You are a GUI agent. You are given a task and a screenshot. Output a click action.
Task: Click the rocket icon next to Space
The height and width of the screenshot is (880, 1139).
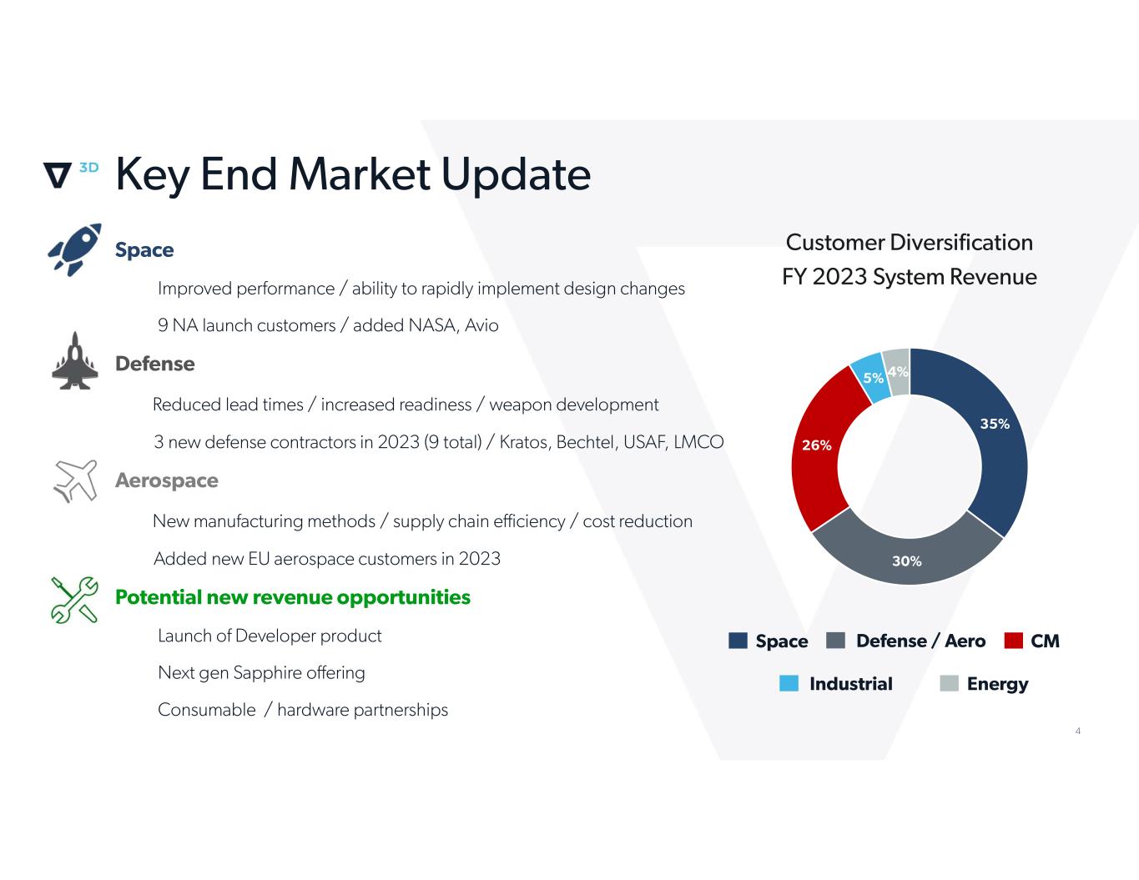74,249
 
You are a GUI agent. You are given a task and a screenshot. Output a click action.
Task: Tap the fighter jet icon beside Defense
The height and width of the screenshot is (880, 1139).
75,361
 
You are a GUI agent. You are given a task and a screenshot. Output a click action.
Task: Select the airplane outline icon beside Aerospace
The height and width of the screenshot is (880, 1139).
75,480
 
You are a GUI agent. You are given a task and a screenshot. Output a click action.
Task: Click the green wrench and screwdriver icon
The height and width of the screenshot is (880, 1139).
74,600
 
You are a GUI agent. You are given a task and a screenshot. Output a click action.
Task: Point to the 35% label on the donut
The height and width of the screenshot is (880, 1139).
995,424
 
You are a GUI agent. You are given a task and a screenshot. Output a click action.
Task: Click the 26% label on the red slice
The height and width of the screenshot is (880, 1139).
817,445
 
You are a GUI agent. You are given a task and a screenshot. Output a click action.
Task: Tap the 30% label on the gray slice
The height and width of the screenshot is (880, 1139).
907,561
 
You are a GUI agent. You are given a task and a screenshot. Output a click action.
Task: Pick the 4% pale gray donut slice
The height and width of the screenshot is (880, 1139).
897,371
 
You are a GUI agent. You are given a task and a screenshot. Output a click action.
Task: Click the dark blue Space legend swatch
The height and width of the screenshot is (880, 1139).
738,640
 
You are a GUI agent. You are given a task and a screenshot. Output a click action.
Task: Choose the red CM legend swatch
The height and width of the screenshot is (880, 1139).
1013,640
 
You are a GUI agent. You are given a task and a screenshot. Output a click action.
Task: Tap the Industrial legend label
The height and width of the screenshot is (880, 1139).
851,684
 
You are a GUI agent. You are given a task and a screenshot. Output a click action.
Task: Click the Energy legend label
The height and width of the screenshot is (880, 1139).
997,684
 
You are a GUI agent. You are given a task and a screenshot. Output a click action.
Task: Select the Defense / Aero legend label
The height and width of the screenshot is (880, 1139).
921,641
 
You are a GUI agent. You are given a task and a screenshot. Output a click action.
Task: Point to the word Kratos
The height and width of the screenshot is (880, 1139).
525,442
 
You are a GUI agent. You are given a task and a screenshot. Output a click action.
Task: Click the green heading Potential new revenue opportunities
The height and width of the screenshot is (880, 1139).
293,598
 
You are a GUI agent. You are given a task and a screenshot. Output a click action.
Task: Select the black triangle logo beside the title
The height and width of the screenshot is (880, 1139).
57,175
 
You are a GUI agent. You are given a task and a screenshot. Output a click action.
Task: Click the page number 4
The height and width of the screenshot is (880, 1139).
1078,731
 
